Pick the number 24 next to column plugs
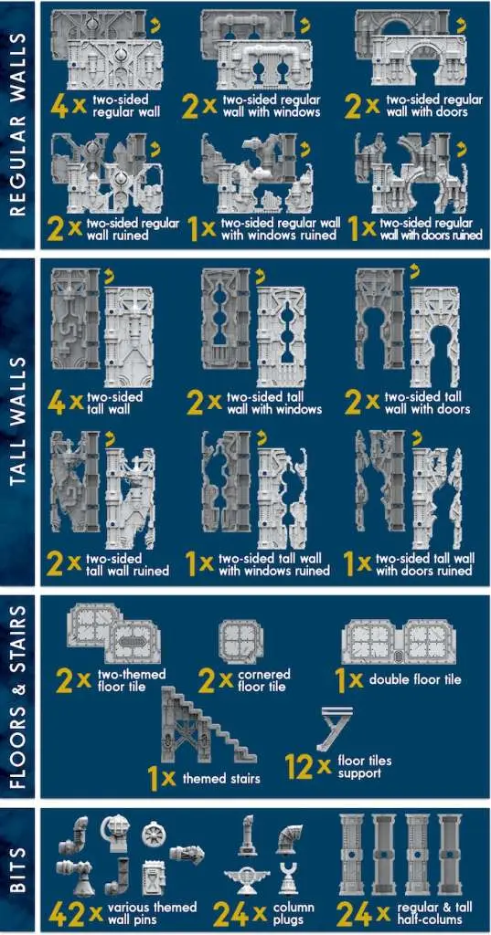pos(231,913)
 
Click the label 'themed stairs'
pos(221,778)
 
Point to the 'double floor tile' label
pos(415,679)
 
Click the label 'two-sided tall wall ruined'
pos(126,564)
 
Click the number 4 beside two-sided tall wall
pos(56,403)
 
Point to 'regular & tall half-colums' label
pos(435,913)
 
